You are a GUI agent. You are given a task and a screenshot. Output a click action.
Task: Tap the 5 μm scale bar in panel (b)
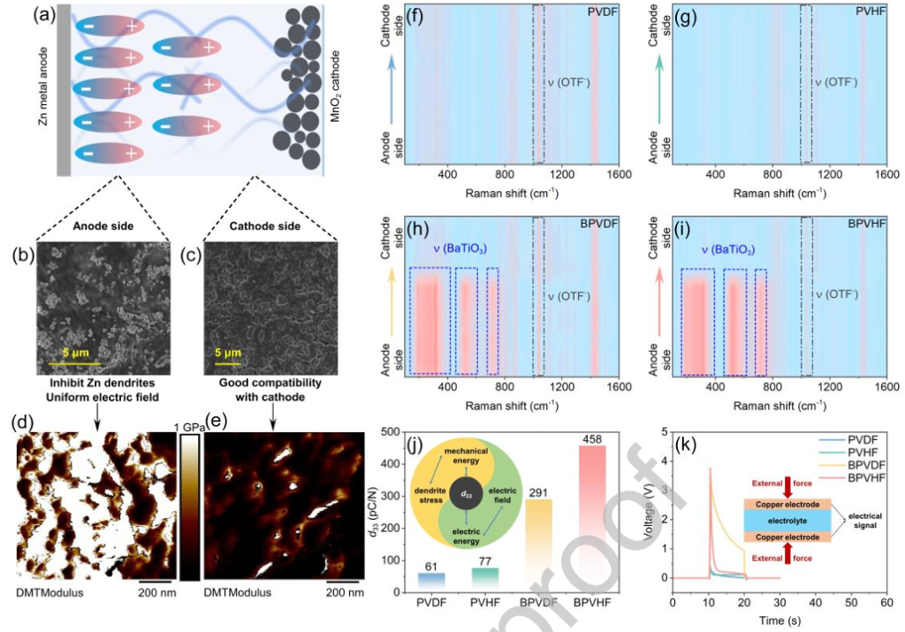click(75, 362)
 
